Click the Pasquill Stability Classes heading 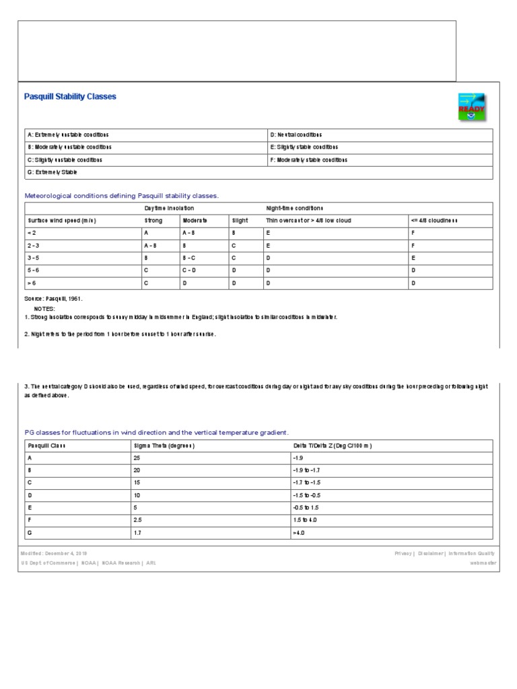[x=70, y=97]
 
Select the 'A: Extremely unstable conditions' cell [x=68, y=135]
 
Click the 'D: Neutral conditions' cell [x=296, y=135]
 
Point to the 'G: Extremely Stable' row [x=53, y=173]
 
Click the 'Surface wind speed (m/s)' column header [x=61, y=221]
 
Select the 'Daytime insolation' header [x=170, y=209]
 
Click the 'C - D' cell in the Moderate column [x=190, y=270]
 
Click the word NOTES [x=44, y=309]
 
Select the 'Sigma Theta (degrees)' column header [x=164, y=445]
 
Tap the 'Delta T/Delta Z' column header [x=333, y=445]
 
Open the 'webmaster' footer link [x=483, y=563]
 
